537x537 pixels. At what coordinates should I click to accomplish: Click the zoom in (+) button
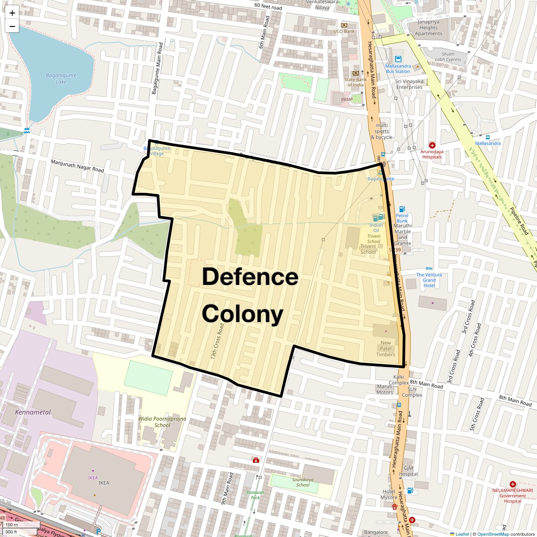12,13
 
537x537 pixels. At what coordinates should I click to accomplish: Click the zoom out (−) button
12,26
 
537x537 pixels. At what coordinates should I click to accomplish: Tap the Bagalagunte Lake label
61,79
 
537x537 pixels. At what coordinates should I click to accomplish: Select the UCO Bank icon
344,25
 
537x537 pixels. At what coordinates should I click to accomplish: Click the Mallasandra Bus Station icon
398,59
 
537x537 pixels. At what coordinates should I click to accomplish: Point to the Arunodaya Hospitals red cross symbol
432,145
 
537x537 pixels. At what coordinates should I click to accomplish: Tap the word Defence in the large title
250,277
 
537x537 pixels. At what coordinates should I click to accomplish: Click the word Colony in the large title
242,314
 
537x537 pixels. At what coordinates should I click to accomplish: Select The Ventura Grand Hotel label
429,280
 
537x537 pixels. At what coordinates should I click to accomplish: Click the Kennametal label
33,412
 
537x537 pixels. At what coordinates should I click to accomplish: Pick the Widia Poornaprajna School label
162,422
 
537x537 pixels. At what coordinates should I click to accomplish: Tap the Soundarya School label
303,482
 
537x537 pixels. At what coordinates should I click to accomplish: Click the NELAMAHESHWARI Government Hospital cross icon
513,484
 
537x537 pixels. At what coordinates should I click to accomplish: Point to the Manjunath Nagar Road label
77,166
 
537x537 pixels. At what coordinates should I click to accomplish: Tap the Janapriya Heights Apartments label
428,28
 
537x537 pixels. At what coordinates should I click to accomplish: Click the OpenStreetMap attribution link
493,534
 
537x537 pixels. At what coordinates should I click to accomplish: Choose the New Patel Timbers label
385,349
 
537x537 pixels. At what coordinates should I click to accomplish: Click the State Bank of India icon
356,73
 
